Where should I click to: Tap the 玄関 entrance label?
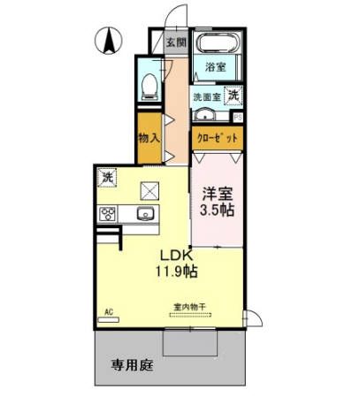coord(176,42)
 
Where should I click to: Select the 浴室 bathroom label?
coord(215,67)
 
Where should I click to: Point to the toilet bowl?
coord(150,84)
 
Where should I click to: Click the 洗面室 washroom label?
coord(207,96)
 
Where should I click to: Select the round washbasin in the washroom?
coord(205,117)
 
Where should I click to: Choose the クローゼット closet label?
coord(217,138)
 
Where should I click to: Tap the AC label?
coord(110,311)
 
